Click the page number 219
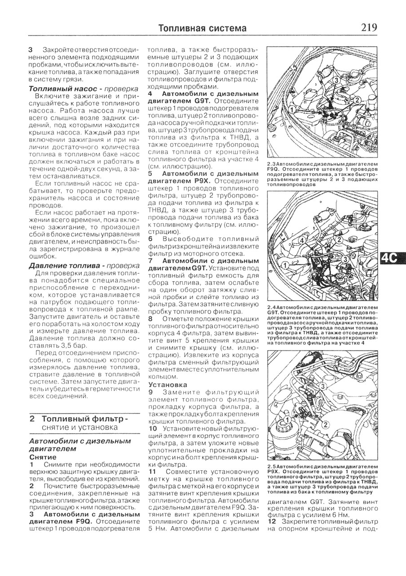point(368,27)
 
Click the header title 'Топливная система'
point(203,28)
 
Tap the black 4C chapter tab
point(392,258)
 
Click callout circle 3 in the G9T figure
point(345,259)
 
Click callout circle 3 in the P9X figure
point(322,387)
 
